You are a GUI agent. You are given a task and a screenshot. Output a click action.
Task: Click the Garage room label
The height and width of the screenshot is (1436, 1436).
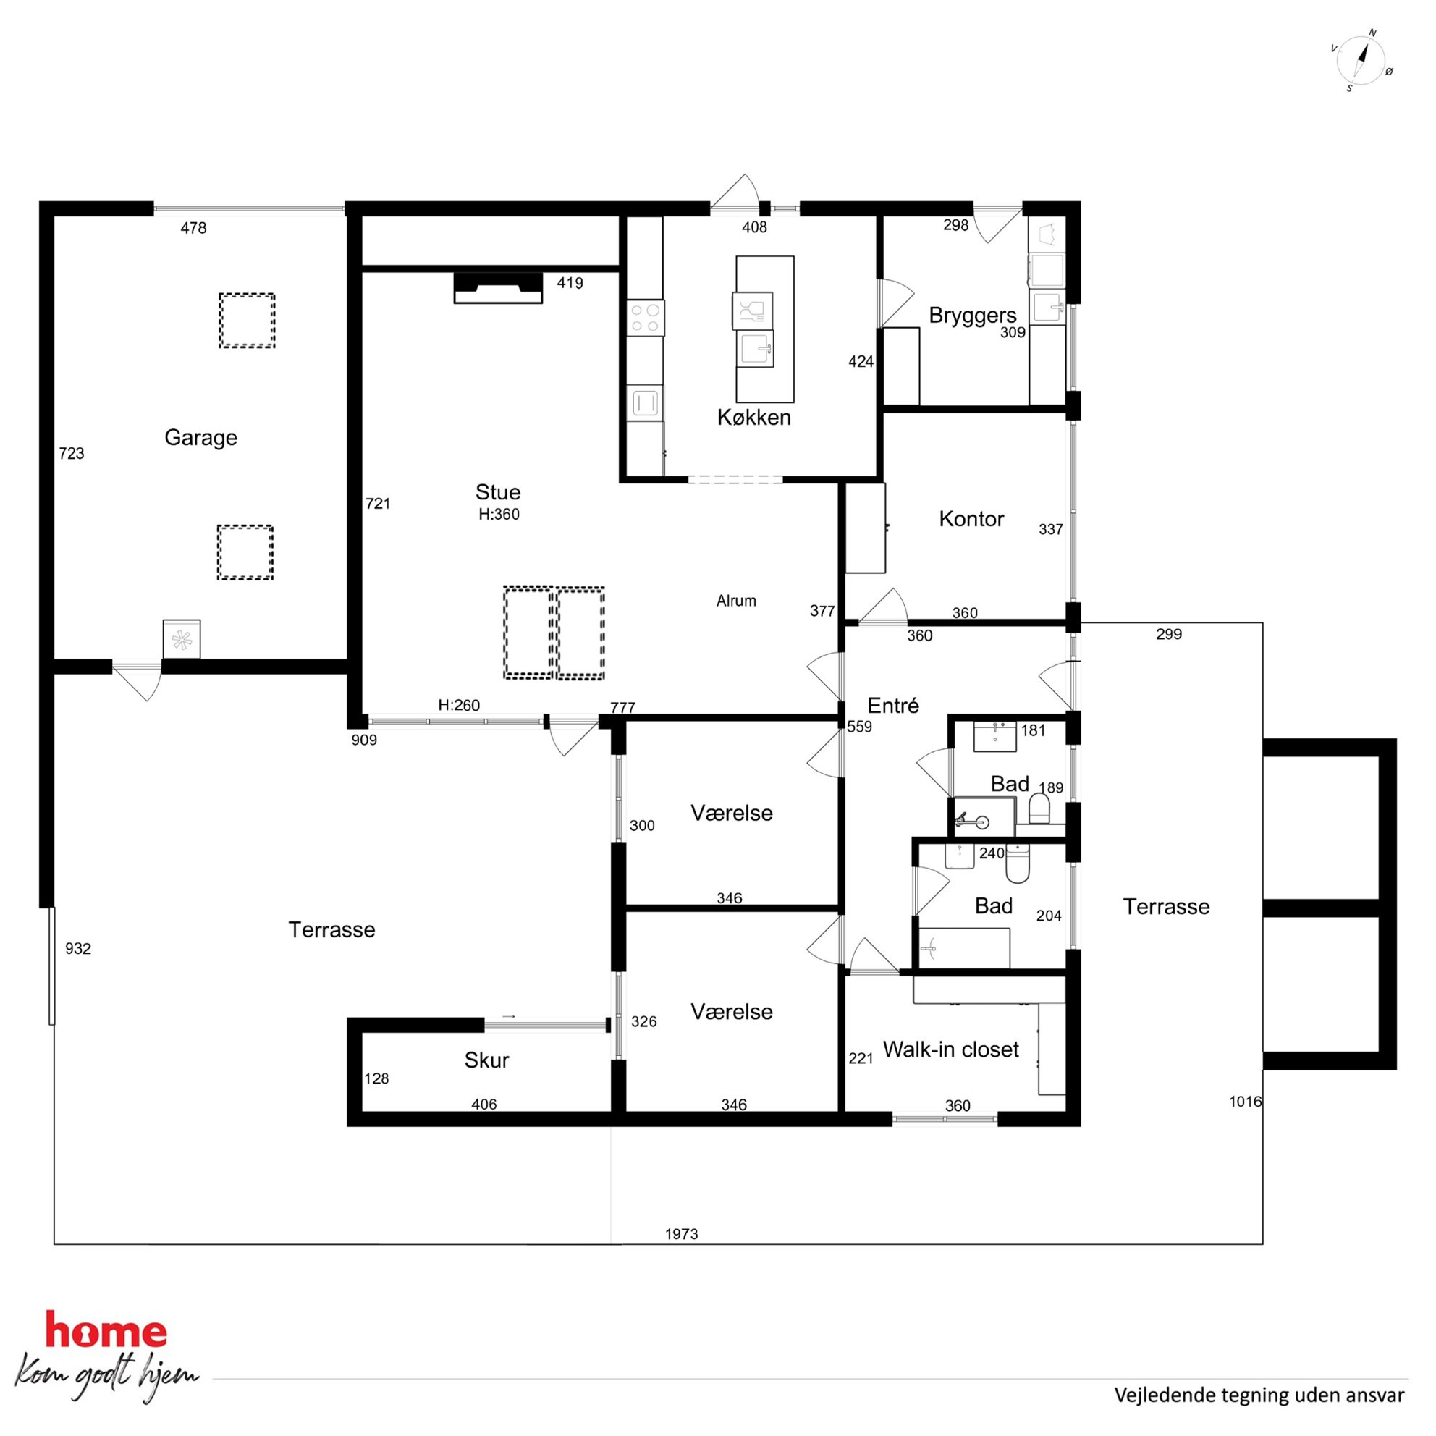click(x=200, y=438)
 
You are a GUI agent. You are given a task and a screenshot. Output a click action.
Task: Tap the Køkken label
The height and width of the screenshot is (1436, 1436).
click(x=753, y=418)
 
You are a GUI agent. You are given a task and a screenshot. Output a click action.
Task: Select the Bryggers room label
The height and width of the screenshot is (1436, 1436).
click(x=972, y=316)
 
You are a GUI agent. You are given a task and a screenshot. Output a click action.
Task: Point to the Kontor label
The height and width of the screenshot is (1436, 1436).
click(x=971, y=519)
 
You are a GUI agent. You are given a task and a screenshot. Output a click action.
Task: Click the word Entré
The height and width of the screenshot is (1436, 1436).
click(x=893, y=706)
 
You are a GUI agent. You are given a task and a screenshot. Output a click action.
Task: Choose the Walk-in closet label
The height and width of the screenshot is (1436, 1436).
click(x=950, y=1049)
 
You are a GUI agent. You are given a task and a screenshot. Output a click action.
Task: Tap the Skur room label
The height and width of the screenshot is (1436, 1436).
click(x=486, y=1060)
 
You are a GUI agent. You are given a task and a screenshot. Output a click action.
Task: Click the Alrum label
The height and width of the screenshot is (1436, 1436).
click(x=736, y=601)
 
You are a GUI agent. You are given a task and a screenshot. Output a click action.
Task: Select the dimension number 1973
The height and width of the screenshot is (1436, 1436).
click(x=682, y=1234)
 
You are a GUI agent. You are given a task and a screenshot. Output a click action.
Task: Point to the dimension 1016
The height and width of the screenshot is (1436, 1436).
click(x=1245, y=1102)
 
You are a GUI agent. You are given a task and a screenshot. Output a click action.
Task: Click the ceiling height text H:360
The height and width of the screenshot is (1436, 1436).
click(x=499, y=515)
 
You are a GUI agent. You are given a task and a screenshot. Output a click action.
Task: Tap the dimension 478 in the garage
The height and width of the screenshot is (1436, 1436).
click(x=193, y=228)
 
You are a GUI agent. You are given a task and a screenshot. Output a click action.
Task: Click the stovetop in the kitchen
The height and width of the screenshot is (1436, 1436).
click(x=645, y=318)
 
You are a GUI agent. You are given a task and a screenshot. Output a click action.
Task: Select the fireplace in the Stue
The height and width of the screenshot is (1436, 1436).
click(x=498, y=287)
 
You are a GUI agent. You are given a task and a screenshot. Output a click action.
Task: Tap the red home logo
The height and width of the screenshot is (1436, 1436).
click(x=106, y=1330)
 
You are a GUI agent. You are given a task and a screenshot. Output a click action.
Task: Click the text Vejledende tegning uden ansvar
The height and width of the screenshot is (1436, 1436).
click(x=1259, y=1395)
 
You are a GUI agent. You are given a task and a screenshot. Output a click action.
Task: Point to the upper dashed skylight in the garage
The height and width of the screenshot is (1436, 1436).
click(x=247, y=321)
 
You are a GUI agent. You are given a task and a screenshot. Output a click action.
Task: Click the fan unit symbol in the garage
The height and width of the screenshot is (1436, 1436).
click(x=182, y=639)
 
